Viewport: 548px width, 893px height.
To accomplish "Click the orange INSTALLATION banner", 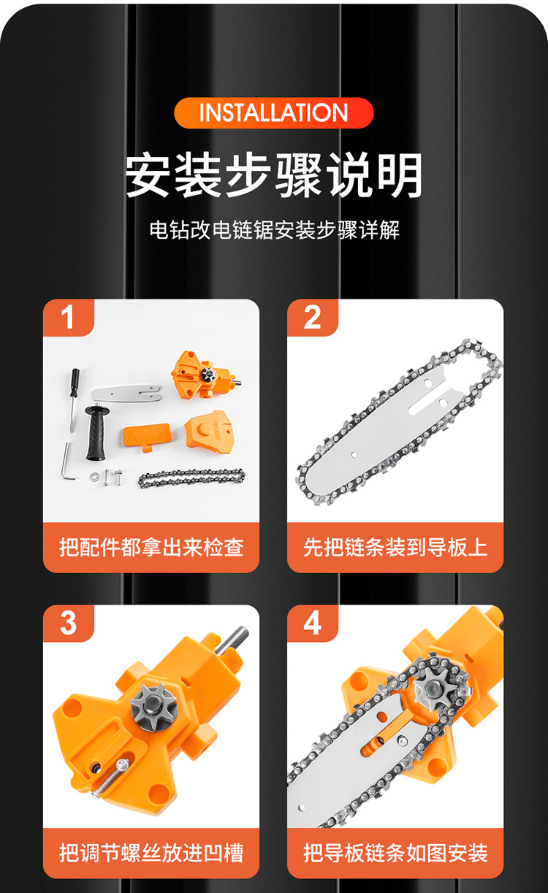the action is (x=273, y=113).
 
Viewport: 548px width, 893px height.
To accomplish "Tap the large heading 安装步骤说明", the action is (x=273, y=175).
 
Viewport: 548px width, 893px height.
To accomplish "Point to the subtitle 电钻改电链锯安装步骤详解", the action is (x=275, y=230).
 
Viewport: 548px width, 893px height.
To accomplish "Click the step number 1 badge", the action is (x=68, y=318).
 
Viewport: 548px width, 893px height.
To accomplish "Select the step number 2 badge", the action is (x=312, y=318).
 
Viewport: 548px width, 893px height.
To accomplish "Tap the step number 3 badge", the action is (x=68, y=623).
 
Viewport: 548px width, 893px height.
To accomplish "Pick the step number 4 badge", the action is (x=312, y=623).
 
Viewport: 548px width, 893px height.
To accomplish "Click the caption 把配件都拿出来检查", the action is (x=151, y=547).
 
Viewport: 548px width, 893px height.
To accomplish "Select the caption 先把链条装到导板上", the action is (x=395, y=547).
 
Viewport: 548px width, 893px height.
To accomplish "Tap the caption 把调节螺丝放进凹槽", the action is (x=151, y=853).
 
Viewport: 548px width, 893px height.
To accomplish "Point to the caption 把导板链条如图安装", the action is (x=395, y=853).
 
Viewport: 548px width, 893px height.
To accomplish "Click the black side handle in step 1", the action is (x=95, y=433).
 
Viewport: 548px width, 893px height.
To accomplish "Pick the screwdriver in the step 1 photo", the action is (x=74, y=399).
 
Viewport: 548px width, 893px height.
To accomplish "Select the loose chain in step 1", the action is (x=191, y=478).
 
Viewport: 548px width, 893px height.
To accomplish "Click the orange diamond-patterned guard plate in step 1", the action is (x=148, y=436).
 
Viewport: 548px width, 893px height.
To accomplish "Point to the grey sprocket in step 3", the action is (x=153, y=708).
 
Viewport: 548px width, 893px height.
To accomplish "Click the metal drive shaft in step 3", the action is (x=232, y=640).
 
